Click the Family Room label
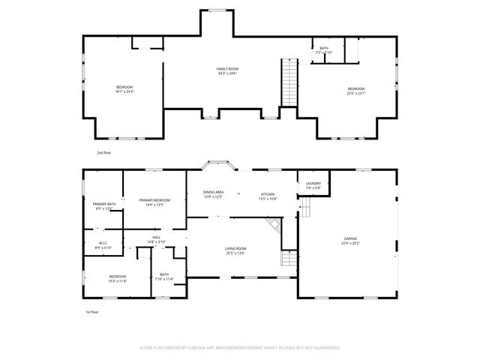tap(228, 69)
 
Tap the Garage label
tap(350, 238)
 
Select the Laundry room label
tap(313, 183)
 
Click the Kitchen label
tap(268, 193)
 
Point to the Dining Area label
tap(214, 193)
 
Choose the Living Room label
tap(235, 248)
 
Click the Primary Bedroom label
tap(154, 199)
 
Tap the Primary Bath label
tap(104, 204)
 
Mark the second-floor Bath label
tap(324, 48)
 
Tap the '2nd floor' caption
tap(103, 152)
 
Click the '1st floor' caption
tap(91, 311)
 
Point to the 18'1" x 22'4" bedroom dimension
tap(124, 92)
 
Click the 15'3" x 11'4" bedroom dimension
tap(116, 281)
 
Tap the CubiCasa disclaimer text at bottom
tap(240, 348)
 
